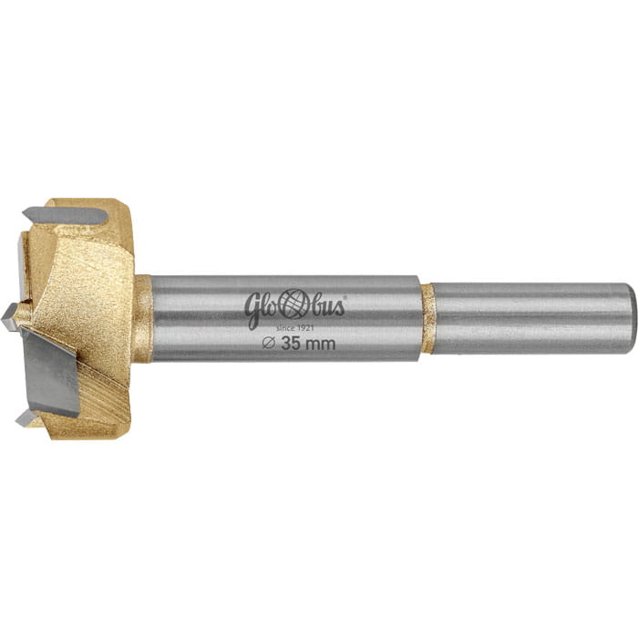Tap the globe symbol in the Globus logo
[293, 304]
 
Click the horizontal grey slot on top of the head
[66, 216]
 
